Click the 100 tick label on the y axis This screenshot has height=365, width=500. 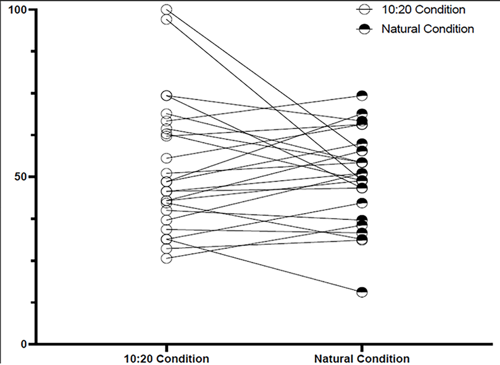[x=17, y=9]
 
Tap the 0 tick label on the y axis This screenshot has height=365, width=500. [x=23, y=344]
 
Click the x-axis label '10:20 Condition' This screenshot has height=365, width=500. [x=167, y=359]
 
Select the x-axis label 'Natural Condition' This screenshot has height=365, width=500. [x=362, y=359]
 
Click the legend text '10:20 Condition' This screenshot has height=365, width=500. [x=423, y=9]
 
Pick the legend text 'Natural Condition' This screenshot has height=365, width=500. [x=428, y=29]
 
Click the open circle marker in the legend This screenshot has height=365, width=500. [x=364, y=10]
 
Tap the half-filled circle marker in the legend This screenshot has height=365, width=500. [x=364, y=29]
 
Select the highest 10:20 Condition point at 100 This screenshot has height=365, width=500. [x=167, y=9]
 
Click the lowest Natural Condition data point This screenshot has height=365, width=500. [x=362, y=291]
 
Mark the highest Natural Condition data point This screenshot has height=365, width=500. [x=362, y=95]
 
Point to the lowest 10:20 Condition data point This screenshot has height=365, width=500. [x=167, y=258]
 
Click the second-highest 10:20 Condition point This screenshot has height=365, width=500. [x=167, y=20]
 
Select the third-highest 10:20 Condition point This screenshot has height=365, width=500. [x=167, y=95]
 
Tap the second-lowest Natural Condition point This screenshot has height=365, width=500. [x=362, y=239]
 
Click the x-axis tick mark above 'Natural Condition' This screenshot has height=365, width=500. [x=362, y=348]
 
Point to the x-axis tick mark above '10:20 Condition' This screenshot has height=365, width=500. [x=167, y=348]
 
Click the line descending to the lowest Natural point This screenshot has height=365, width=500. [x=264, y=265]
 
